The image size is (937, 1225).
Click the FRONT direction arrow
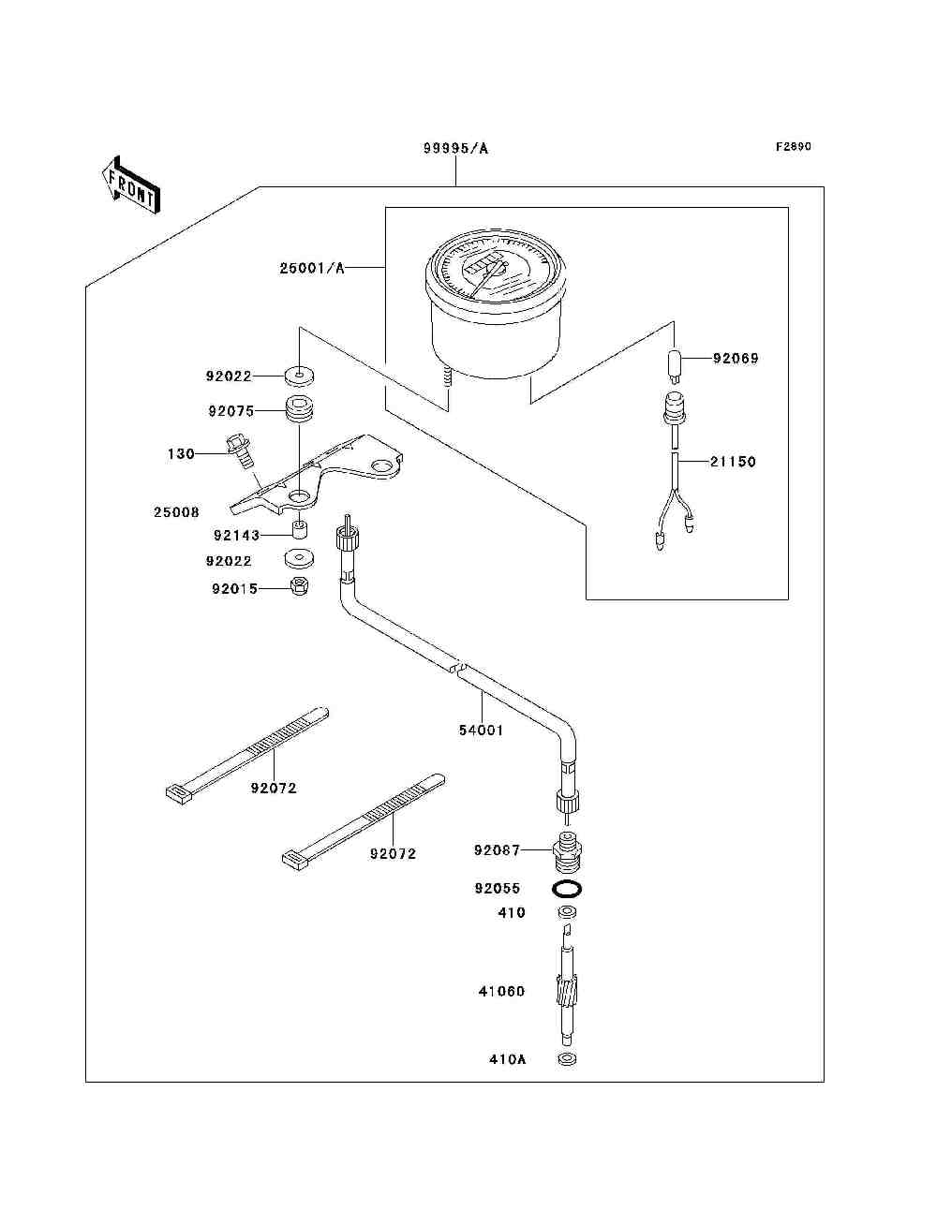131,185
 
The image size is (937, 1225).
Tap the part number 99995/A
455,149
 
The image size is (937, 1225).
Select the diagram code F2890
793,147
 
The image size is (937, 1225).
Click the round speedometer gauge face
495,267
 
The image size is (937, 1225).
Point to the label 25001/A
312,269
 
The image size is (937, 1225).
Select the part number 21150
733,462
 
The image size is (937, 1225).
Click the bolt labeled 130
241,451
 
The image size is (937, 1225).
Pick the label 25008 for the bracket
176,512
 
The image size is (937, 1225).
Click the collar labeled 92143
301,529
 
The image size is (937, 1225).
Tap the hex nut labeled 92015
300,586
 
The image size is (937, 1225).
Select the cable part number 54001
482,730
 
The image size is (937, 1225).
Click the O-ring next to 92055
567,889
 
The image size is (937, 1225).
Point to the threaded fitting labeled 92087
567,854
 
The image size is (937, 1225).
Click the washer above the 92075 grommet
299,376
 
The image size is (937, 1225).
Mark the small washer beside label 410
567,913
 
